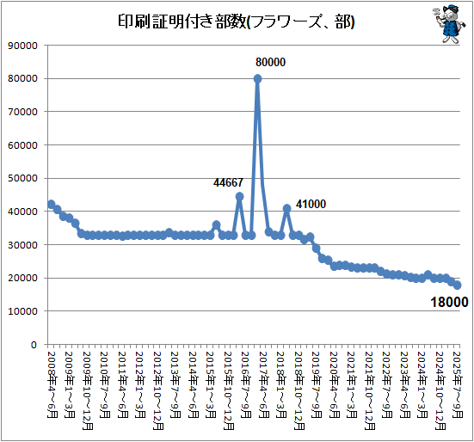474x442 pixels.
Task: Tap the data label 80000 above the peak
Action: click(x=270, y=63)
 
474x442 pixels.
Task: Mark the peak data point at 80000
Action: click(x=257, y=78)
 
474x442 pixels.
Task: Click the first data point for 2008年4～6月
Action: click(x=51, y=205)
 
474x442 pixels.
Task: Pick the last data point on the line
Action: click(x=457, y=285)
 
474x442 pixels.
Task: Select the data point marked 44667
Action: click(x=239, y=196)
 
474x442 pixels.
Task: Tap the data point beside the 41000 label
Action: click(x=286, y=208)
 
